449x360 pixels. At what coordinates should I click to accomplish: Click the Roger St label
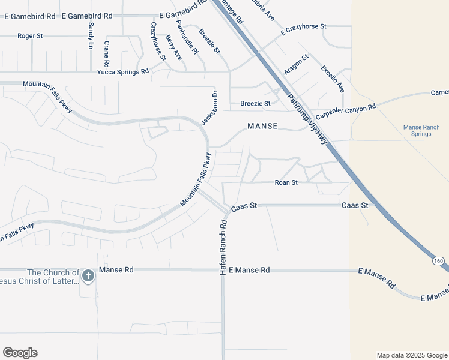pyautogui.click(x=30, y=36)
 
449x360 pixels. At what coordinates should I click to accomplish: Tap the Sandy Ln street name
pyautogui.click(x=91, y=36)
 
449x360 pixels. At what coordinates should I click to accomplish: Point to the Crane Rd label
pyautogui.click(x=106, y=54)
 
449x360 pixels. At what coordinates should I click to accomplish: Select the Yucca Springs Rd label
pyautogui.click(x=123, y=72)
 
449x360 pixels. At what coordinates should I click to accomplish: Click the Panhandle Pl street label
pyautogui.click(x=187, y=37)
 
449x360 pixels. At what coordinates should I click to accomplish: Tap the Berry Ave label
pyautogui.click(x=173, y=47)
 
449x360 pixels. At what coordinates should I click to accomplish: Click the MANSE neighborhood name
pyautogui.click(x=262, y=127)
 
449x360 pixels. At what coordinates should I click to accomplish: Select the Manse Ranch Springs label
pyautogui.click(x=421, y=130)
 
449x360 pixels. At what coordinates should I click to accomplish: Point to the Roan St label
pyautogui.click(x=286, y=182)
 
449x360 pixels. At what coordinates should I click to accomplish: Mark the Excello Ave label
pyautogui.click(x=333, y=79)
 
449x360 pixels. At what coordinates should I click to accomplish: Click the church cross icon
pyautogui.click(x=88, y=276)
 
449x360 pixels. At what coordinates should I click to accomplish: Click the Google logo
pyautogui.click(x=20, y=353)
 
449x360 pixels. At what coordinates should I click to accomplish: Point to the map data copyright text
pyautogui.click(x=412, y=355)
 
